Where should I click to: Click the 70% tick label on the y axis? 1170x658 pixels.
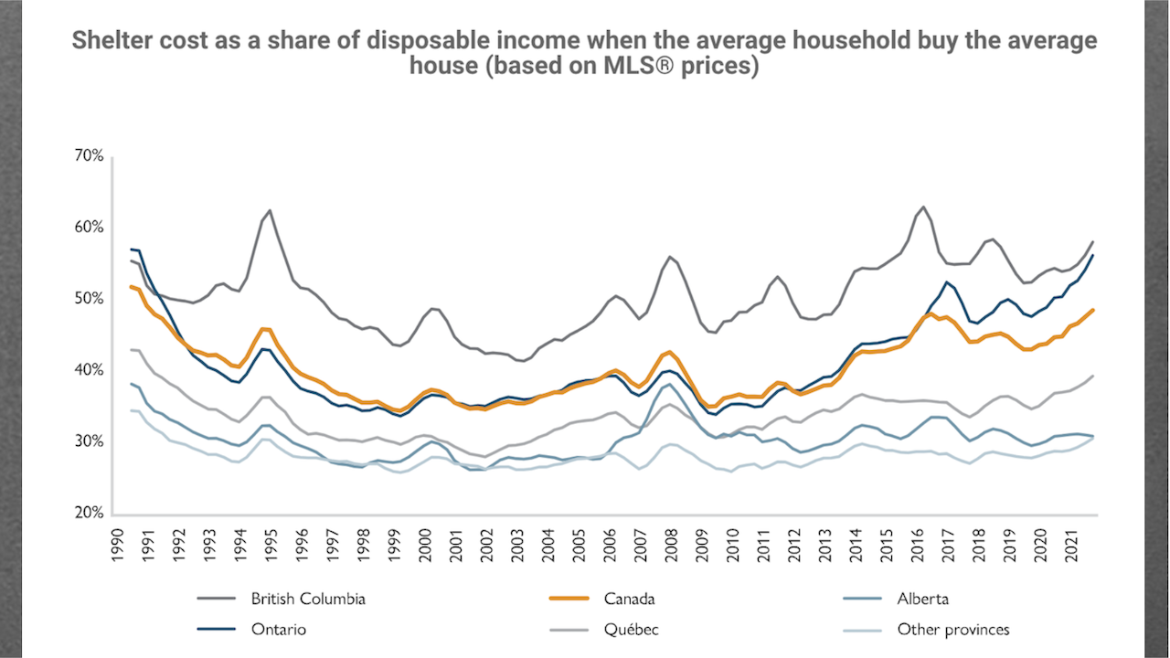pyautogui.click(x=90, y=156)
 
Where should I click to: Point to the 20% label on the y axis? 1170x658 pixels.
pyautogui.click(x=90, y=514)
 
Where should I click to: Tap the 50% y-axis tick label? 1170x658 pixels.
pyautogui.click(x=90, y=299)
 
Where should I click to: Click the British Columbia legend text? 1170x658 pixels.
pyautogui.click(x=308, y=600)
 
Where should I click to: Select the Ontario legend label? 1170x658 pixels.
pyautogui.click(x=278, y=630)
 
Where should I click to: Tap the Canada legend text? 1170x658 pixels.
pyautogui.click(x=629, y=600)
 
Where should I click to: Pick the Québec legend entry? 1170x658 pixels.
pyautogui.click(x=631, y=630)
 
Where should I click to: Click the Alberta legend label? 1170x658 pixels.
pyautogui.click(x=922, y=600)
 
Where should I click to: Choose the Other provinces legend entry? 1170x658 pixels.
pyautogui.click(x=953, y=630)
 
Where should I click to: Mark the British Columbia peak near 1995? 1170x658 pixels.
pyautogui.click(x=270, y=210)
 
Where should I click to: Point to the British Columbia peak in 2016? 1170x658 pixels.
pyautogui.click(x=923, y=207)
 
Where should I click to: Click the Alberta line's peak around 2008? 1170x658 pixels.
pyautogui.click(x=670, y=383)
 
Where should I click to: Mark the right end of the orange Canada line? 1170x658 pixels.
pyautogui.click(x=1094, y=310)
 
